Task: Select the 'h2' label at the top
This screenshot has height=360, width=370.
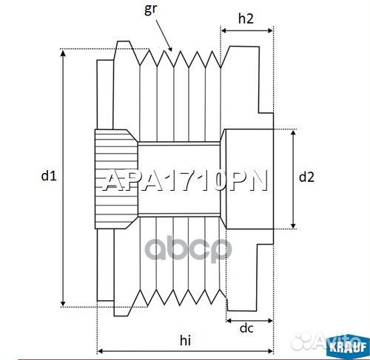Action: [x=246, y=20]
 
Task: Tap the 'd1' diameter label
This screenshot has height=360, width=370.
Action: [x=49, y=176]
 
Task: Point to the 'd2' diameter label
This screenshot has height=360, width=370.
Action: [x=306, y=177]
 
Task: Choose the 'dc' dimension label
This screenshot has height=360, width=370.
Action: [x=248, y=328]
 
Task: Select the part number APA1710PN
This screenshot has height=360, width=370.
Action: [x=184, y=181]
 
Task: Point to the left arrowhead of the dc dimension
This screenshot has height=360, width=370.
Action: [x=229, y=322]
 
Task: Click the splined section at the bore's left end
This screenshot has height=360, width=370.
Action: [x=115, y=178]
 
